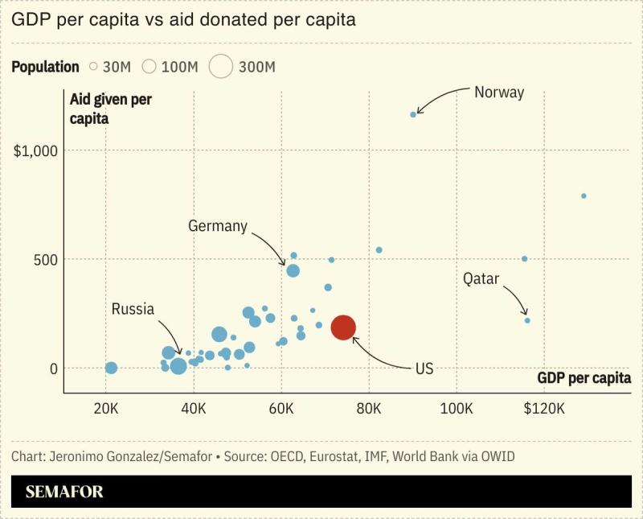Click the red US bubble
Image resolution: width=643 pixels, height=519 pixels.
(343, 327)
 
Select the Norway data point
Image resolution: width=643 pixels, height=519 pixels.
(413, 114)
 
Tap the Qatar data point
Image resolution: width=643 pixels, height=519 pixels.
(527, 320)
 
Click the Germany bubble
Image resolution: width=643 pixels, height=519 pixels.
(293, 270)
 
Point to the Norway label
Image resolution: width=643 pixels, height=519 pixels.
(498, 93)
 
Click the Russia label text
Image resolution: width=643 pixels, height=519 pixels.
(133, 309)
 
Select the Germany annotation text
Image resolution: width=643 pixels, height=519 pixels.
(218, 226)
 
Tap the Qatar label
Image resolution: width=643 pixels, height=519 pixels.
(481, 279)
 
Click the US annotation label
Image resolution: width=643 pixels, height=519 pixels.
(424, 368)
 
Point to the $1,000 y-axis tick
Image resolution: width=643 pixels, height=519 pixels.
(37, 150)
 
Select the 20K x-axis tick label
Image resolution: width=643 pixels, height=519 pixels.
(106, 409)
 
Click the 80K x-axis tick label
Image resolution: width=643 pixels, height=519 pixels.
(369, 409)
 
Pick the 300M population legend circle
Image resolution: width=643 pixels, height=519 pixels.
(221, 67)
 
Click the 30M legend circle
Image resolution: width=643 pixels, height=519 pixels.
(93, 67)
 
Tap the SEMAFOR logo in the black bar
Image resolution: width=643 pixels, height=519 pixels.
(64, 492)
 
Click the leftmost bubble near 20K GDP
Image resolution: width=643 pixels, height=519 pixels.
(111, 368)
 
